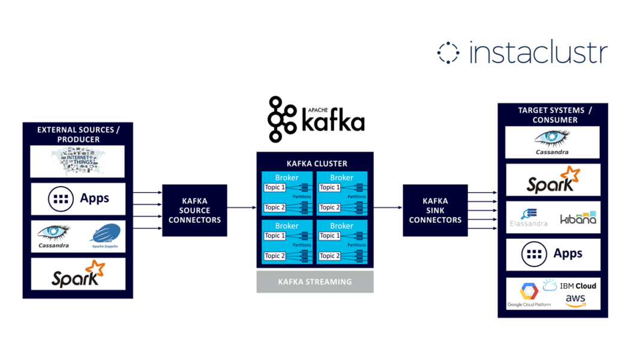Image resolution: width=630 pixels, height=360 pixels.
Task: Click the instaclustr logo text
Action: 538,53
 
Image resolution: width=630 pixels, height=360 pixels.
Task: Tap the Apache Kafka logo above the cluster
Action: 316,118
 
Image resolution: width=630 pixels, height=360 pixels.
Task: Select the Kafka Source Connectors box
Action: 194,210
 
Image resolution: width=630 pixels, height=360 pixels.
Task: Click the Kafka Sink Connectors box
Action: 435,210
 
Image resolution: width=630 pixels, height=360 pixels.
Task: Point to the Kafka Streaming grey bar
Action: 314,281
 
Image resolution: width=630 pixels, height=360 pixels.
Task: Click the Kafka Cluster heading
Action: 315,163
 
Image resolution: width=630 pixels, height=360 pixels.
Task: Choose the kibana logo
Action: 578,217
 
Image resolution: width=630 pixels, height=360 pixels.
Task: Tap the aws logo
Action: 575,301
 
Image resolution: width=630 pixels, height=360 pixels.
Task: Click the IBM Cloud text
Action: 578,286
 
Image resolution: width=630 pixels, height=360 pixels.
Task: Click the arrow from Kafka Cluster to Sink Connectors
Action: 388,208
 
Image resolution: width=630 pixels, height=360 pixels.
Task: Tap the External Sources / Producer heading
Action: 77,134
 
